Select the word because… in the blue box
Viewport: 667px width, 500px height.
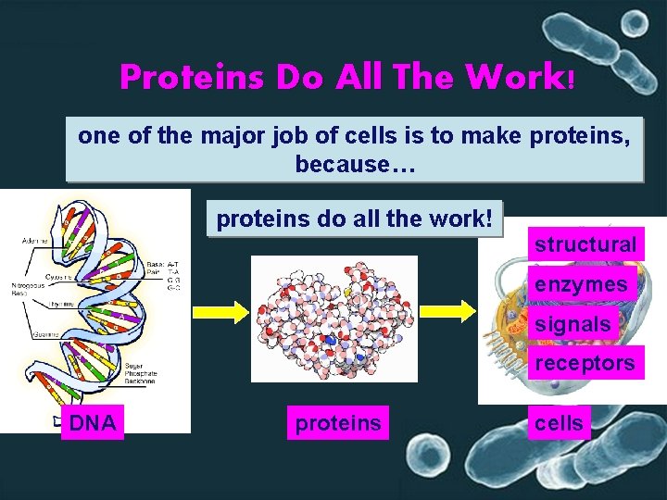click(x=356, y=165)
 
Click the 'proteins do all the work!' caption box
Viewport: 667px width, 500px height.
click(x=354, y=220)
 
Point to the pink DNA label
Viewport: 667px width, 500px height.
click(x=93, y=423)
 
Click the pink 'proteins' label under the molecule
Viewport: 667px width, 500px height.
click(x=337, y=423)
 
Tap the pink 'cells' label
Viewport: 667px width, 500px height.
click(x=560, y=423)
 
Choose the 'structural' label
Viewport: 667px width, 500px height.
click(x=585, y=244)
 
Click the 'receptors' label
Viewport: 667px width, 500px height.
click(x=585, y=363)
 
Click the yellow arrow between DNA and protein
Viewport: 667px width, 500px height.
click(x=216, y=311)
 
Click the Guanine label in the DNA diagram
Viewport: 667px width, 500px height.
click(x=38, y=332)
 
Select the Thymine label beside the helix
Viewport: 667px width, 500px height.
click(x=38, y=303)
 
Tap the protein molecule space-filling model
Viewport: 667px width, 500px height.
click(x=333, y=318)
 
